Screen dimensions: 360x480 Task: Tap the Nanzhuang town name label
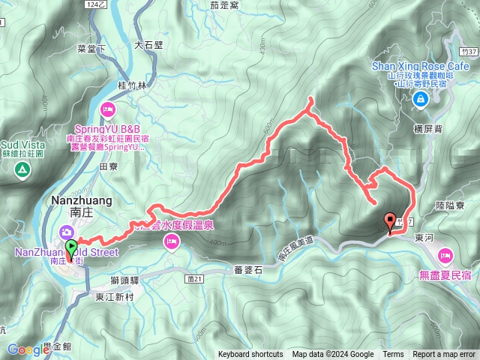click(80, 201)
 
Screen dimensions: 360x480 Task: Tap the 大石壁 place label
click(148, 45)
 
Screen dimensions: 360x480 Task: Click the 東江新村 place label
click(115, 297)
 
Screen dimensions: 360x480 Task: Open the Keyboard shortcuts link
click(250, 355)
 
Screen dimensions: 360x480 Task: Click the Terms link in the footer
click(393, 355)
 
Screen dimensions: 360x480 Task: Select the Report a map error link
click(445, 355)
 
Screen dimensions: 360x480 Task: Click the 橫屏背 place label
click(427, 129)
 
